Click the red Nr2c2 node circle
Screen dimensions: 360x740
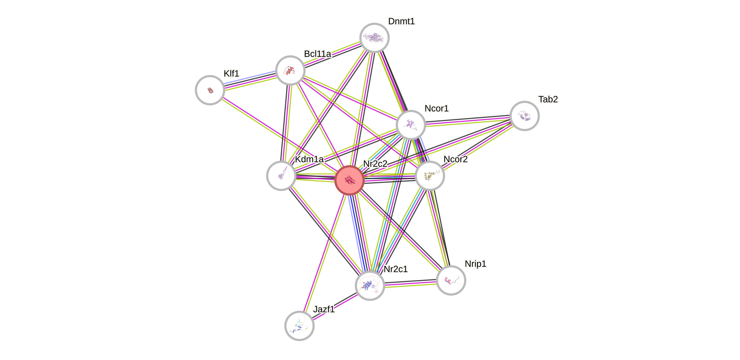click(x=350, y=180)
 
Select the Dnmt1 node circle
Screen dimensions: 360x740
click(x=374, y=38)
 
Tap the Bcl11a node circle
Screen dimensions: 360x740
click(x=290, y=70)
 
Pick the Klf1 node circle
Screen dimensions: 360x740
click(x=210, y=90)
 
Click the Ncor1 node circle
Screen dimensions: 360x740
click(x=411, y=125)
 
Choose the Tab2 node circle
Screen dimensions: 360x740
click(x=525, y=116)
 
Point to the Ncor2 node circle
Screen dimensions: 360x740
click(x=430, y=176)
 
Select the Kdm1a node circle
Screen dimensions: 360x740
click(x=281, y=176)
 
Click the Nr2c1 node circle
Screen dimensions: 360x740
click(x=370, y=285)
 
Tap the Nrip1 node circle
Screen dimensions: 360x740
click(x=451, y=280)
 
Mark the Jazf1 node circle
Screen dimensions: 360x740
click(x=299, y=326)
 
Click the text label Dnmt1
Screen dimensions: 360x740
click(x=401, y=21)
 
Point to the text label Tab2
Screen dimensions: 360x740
click(x=548, y=99)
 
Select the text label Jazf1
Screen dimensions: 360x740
click(x=324, y=309)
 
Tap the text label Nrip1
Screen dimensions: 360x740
click(x=475, y=264)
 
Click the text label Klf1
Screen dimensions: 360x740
click(x=231, y=73)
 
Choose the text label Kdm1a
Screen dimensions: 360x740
click(x=309, y=159)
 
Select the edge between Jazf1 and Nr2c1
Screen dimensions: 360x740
click(x=335, y=306)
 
